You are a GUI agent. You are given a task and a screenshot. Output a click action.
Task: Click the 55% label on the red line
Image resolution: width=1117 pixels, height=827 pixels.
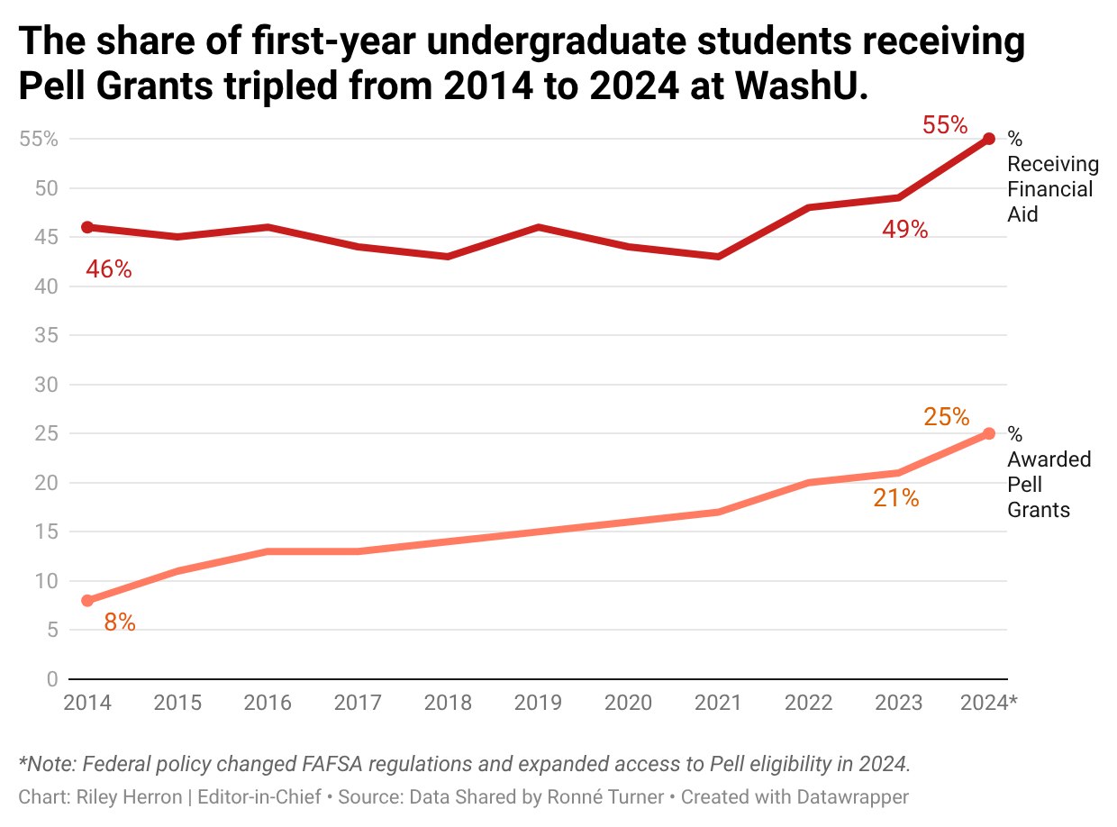[x=944, y=125]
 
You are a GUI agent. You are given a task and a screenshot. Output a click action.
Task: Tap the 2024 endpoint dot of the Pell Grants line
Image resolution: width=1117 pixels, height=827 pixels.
[x=989, y=433]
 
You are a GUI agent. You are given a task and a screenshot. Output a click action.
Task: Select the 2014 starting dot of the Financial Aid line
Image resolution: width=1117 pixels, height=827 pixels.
[x=87, y=227]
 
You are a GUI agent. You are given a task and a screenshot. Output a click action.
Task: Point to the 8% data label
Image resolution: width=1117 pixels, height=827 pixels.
[x=120, y=623]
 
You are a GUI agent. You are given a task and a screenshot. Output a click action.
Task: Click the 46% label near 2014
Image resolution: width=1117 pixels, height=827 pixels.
[x=109, y=268]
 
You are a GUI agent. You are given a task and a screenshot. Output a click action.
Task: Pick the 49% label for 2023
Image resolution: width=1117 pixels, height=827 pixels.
[x=904, y=230]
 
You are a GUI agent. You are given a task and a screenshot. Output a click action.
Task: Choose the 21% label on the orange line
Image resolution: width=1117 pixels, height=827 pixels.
[x=895, y=497]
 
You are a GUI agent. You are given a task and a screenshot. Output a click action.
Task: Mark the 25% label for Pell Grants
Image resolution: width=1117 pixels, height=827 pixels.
[x=946, y=417]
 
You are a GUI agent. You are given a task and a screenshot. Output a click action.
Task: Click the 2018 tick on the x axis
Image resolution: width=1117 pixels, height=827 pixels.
[x=448, y=703]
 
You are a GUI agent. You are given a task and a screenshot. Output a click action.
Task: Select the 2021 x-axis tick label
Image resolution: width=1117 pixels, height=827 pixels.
[x=718, y=703]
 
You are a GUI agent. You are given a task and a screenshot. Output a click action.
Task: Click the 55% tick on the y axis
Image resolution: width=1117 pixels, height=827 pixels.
[x=39, y=139]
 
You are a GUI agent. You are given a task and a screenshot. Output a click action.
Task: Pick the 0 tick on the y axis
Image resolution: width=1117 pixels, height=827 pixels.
[x=52, y=678]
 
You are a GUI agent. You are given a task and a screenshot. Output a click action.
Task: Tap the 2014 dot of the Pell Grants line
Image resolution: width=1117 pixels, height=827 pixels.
[x=87, y=600]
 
